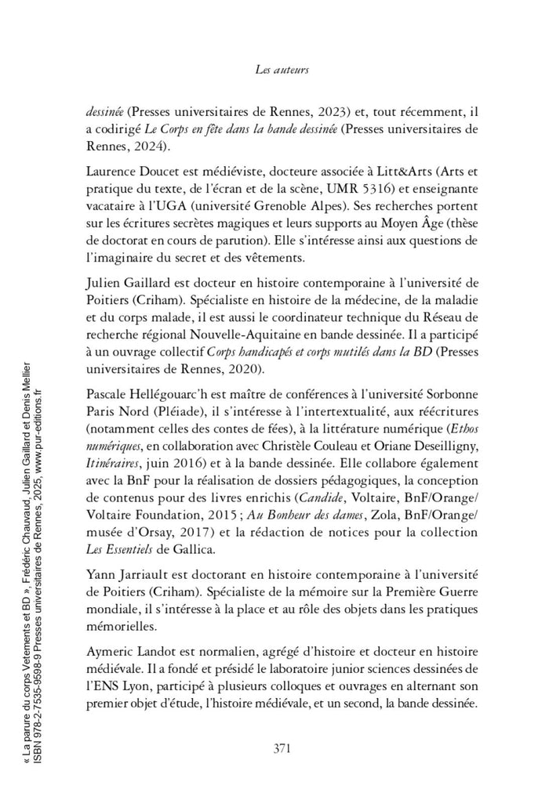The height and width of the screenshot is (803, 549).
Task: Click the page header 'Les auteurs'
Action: pos(282,70)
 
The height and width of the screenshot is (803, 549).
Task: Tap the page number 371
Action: pos(282,747)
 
